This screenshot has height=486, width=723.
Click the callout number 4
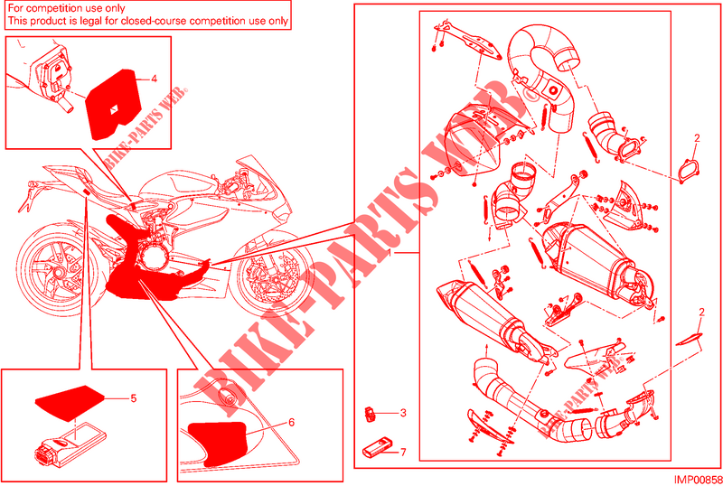[154, 79]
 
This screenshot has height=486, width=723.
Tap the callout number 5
[134, 398]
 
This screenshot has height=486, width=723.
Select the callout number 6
[291, 423]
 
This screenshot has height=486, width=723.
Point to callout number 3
[403, 413]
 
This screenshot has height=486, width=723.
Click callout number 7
[403, 453]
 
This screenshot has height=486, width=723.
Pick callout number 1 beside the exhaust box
[391, 253]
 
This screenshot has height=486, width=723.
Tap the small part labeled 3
[370, 414]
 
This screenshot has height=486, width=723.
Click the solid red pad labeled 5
[70, 403]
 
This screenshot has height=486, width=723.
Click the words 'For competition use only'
[66, 8]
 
